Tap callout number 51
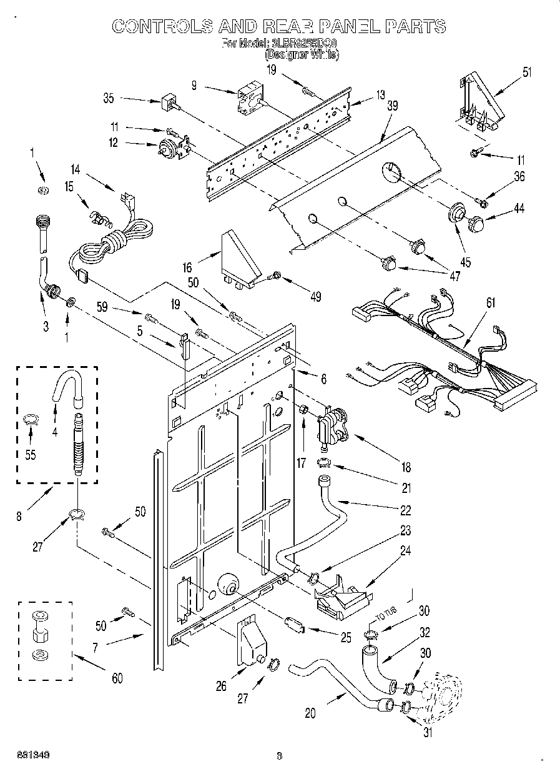point(528,71)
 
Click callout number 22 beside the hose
point(406,510)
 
